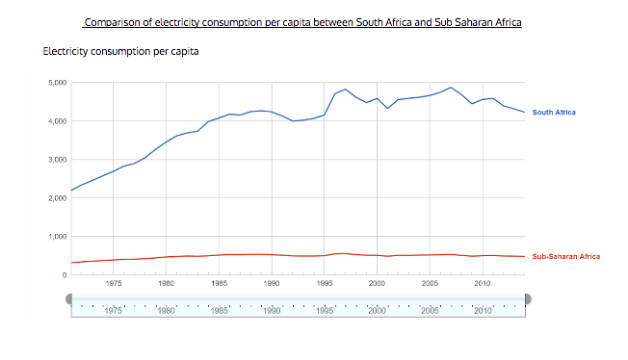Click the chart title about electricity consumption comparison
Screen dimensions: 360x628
pyautogui.click(x=302, y=21)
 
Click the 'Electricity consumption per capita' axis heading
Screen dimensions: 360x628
pyautogui.click(x=121, y=50)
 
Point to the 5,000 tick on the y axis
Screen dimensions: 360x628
pyautogui.click(x=57, y=83)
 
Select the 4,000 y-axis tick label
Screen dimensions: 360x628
pyautogui.click(x=57, y=121)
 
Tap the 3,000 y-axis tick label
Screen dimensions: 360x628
pyautogui.click(x=57, y=160)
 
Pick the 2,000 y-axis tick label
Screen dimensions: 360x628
pyautogui.click(x=57, y=198)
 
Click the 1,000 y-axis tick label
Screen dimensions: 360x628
pyautogui.click(x=57, y=237)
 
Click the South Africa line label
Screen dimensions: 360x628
pyautogui.click(x=554, y=113)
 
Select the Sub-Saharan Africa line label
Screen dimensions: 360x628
pyautogui.click(x=565, y=257)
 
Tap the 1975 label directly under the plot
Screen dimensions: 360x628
pyautogui.click(x=114, y=283)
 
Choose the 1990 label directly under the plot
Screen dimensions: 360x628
pyautogui.click(x=272, y=283)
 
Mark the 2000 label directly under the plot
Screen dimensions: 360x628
pyautogui.click(x=377, y=283)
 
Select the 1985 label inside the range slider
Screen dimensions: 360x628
pyautogui.click(x=219, y=311)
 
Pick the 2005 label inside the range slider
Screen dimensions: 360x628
pyautogui.click(x=430, y=311)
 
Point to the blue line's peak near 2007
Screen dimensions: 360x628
pyautogui.click(x=451, y=87)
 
